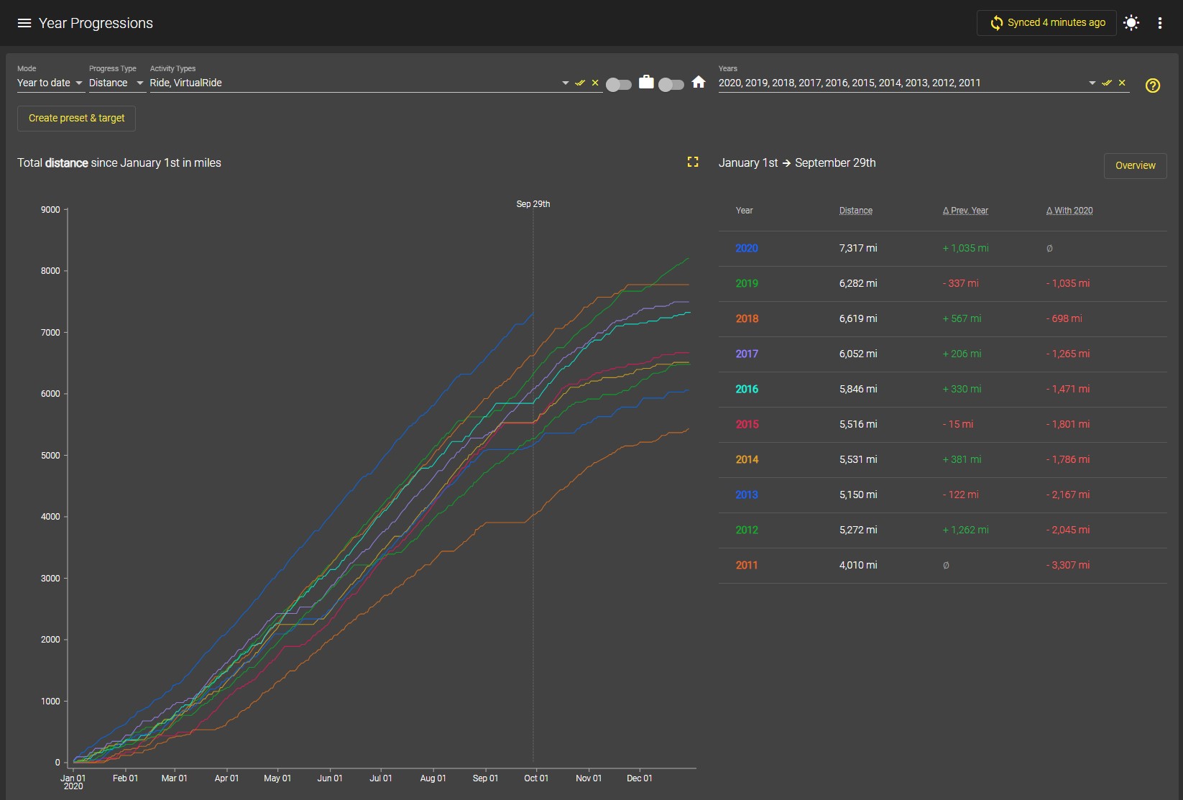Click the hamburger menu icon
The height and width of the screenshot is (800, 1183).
coord(24,23)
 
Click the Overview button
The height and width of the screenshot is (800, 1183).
coord(1135,165)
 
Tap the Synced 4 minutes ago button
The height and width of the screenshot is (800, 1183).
coord(1046,23)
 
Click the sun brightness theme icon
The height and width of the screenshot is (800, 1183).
coord(1131,23)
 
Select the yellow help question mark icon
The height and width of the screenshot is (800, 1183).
coord(1152,85)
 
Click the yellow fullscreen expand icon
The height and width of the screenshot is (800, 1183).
coord(693,162)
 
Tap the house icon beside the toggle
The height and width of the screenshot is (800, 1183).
coord(698,82)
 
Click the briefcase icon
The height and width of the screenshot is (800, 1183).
coord(646,82)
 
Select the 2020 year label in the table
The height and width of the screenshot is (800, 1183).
coord(746,248)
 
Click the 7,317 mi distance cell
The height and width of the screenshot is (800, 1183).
coord(857,248)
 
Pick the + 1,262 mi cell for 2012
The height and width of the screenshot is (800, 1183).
coord(965,530)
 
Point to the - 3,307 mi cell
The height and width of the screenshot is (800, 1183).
coord(1067,565)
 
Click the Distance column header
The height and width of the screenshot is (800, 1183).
coord(855,210)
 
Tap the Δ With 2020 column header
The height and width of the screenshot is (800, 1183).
coord(1069,210)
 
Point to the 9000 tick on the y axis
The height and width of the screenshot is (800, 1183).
coord(51,210)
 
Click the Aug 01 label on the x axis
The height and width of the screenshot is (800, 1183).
coord(433,778)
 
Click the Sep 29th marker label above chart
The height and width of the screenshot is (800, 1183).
coord(533,204)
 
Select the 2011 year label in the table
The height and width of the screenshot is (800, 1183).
coord(746,565)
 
